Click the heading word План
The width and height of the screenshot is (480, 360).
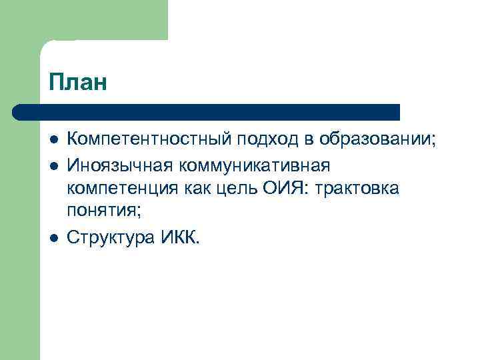click(x=77, y=83)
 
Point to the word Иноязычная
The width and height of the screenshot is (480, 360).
click(x=119, y=164)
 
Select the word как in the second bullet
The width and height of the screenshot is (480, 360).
click(x=197, y=189)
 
